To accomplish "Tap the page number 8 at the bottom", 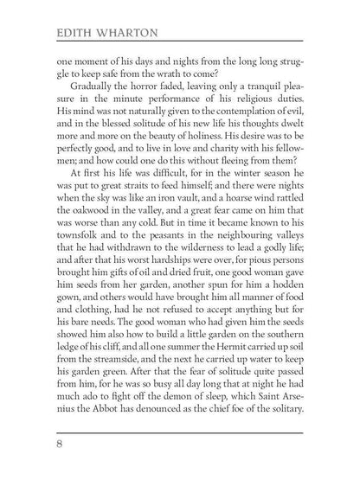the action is click(x=59, y=446).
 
